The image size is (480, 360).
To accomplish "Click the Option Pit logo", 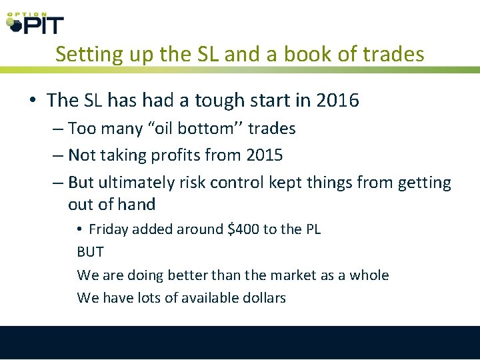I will coord(35,22).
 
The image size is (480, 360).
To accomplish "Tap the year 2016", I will coord(337,101).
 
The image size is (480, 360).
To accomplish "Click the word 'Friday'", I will coord(109,229).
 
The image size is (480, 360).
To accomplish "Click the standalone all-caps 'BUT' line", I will coord(91,253).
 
